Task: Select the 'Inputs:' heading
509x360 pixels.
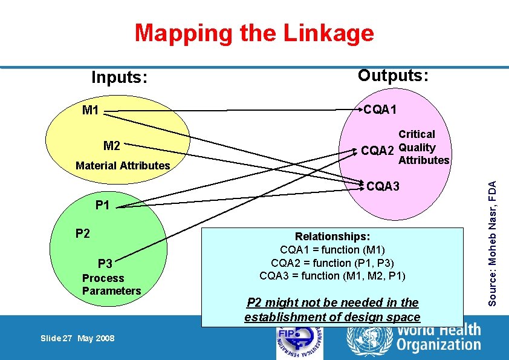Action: [120, 77]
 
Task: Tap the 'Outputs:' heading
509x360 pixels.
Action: [393, 75]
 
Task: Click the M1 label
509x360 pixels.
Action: [91, 110]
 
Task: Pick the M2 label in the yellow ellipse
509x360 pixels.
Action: [112, 146]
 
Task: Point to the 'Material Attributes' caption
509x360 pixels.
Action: [123, 165]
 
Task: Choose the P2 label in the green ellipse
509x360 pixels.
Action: [83, 233]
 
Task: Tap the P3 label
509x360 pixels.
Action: [105, 263]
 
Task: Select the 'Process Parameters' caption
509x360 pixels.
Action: [111, 284]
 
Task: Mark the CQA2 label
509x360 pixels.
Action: [377, 151]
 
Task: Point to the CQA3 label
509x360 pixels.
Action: [383, 186]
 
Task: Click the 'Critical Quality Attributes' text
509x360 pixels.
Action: [423, 147]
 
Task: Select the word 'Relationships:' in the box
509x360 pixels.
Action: [332, 237]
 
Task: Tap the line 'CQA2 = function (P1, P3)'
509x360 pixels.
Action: [332, 263]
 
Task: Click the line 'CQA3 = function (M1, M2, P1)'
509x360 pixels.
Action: [332, 275]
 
